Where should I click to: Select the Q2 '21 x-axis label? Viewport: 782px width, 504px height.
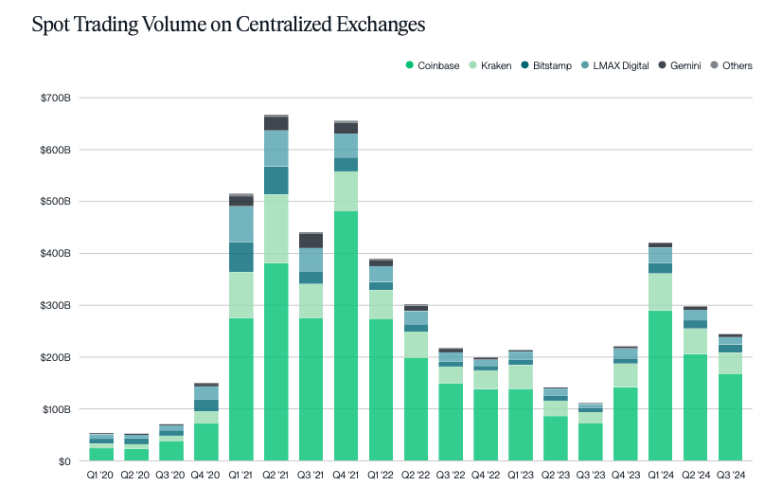[x=276, y=477]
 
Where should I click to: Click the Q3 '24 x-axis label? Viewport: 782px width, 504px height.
[x=731, y=477]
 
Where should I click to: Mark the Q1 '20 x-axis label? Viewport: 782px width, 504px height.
[x=101, y=477]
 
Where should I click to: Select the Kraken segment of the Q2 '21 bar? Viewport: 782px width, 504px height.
[x=276, y=228]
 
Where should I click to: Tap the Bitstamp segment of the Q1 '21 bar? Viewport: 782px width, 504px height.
[x=241, y=257]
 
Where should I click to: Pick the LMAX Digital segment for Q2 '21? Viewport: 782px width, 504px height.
[x=276, y=148]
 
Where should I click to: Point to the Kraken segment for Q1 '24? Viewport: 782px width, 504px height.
[x=661, y=292]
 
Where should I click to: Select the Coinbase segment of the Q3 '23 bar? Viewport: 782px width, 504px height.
[x=591, y=442]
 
